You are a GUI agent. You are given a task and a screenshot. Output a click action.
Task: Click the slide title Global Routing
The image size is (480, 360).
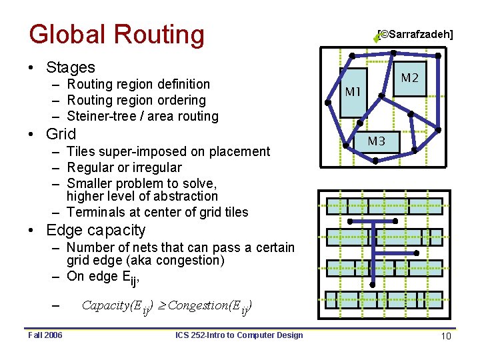(117, 35)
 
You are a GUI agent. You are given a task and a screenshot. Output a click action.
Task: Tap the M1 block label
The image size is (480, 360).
(353, 91)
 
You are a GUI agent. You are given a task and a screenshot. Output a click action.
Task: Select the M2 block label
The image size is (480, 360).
(409, 78)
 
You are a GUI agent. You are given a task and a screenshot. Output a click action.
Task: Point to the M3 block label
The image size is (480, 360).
(377, 141)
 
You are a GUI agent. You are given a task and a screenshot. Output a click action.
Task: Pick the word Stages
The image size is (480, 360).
(71, 67)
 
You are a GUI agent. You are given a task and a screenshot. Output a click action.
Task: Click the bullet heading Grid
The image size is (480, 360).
(61, 134)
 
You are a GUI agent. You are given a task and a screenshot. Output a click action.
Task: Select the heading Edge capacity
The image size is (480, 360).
(96, 231)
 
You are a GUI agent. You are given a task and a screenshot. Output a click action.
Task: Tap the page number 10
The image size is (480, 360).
(446, 337)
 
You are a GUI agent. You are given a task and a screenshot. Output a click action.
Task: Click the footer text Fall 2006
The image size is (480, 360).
(45, 335)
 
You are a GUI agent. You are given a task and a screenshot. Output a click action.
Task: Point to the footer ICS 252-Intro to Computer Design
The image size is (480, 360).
(239, 335)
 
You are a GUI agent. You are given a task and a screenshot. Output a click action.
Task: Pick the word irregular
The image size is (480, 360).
(157, 167)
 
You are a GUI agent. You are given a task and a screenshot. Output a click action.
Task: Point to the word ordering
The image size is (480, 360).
(181, 100)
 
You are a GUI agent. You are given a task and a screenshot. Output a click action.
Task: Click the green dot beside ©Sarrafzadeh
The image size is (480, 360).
(376, 39)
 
